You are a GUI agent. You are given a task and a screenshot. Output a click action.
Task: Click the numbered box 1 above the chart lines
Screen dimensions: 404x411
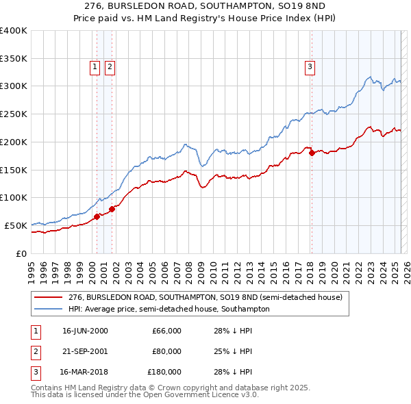[x=95, y=66]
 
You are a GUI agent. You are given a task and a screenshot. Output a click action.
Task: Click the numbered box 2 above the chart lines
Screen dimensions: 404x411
[x=110, y=66]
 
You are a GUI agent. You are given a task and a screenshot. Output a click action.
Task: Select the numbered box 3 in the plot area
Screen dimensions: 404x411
[x=310, y=66]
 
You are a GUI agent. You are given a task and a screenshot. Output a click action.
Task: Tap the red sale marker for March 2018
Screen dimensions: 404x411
[x=312, y=153]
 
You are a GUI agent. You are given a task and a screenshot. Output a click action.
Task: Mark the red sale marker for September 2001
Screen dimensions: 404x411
[x=112, y=208]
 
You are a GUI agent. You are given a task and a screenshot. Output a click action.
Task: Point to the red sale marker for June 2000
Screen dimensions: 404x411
[x=97, y=216]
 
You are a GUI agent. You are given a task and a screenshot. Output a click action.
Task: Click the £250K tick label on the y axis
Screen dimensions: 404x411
[x=14, y=114]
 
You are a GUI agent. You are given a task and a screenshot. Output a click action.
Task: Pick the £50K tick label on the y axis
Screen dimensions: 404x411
[x=16, y=225]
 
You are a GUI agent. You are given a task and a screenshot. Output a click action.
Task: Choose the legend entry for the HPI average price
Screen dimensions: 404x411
[x=169, y=310]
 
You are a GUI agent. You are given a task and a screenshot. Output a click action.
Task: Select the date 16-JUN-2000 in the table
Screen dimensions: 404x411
[x=85, y=331]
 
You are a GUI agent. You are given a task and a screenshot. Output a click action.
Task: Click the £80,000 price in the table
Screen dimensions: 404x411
[x=166, y=351]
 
